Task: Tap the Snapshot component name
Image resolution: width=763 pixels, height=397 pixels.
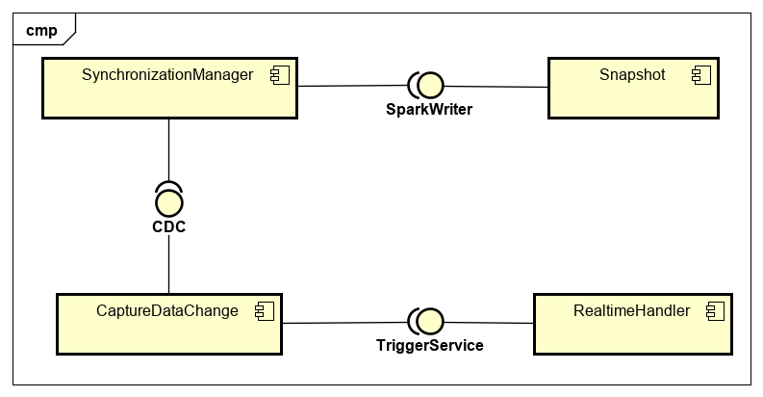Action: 632,75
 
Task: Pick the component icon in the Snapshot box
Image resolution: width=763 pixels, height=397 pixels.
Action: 698,75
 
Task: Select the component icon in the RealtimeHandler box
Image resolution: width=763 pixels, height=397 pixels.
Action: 715,310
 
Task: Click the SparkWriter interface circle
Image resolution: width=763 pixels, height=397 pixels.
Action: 428,87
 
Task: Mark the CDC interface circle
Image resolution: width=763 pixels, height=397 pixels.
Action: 169,202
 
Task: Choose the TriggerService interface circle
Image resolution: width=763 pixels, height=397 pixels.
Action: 428,322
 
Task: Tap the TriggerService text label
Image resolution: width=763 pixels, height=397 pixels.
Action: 428,345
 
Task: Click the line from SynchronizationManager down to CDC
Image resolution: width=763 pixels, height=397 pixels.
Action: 169,149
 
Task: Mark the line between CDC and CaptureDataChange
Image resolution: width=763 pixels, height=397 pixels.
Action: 169,262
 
